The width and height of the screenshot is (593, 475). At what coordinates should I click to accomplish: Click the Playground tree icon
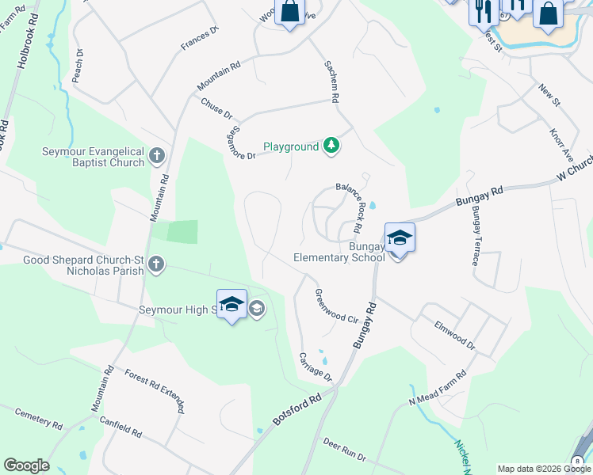click(x=332, y=146)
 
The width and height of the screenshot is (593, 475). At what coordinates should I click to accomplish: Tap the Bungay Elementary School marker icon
click(x=400, y=238)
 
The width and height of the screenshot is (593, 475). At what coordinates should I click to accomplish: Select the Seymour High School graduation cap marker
click(x=231, y=305)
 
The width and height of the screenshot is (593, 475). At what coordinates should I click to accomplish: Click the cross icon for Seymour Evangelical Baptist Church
click(x=157, y=154)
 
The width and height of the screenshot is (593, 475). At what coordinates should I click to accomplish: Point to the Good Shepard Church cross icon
click(x=157, y=263)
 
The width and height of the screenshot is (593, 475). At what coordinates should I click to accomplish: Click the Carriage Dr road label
click(x=316, y=366)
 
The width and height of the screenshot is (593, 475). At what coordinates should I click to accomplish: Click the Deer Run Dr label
click(x=343, y=449)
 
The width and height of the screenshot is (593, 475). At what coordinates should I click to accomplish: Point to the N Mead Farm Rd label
click(x=437, y=388)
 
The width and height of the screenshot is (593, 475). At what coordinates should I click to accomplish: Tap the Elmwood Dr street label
click(x=454, y=335)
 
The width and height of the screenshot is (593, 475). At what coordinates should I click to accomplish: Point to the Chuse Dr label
click(x=216, y=109)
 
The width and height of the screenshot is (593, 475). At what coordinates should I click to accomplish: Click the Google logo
click(x=26, y=465)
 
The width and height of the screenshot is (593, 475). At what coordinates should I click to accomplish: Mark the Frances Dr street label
click(x=199, y=40)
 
